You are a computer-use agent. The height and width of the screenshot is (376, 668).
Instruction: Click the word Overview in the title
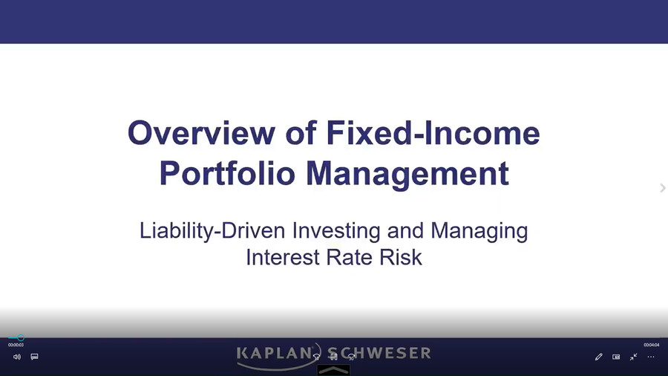click(201, 133)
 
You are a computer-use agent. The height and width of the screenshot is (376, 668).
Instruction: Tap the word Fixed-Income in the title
click(433, 133)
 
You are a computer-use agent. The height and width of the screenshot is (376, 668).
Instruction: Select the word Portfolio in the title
click(228, 173)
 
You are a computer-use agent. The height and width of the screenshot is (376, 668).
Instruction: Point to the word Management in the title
click(407, 174)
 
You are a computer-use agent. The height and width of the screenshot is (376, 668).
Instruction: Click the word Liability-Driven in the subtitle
click(212, 231)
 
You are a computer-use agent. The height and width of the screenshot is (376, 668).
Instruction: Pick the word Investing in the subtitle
click(336, 231)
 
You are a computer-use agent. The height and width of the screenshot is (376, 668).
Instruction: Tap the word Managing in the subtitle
click(479, 231)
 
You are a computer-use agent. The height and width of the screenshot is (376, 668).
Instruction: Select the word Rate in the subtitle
click(350, 258)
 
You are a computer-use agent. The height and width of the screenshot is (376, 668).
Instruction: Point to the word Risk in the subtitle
click(401, 258)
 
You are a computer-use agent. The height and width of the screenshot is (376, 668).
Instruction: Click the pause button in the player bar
click(334, 357)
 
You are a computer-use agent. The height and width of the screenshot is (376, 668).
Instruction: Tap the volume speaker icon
click(17, 357)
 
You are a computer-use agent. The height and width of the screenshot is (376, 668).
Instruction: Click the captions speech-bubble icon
click(34, 357)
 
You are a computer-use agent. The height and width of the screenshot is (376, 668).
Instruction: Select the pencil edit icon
click(598, 357)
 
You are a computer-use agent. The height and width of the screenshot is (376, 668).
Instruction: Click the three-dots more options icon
click(651, 357)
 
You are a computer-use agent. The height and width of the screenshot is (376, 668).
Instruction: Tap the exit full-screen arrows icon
click(634, 357)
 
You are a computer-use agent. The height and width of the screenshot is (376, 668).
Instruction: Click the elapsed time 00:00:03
click(16, 345)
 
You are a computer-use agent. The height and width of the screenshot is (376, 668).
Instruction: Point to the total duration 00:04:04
click(652, 345)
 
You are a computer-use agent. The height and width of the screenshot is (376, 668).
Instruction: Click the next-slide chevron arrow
click(663, 188)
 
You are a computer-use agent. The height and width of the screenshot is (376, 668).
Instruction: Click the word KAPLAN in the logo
click(275, 354)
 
